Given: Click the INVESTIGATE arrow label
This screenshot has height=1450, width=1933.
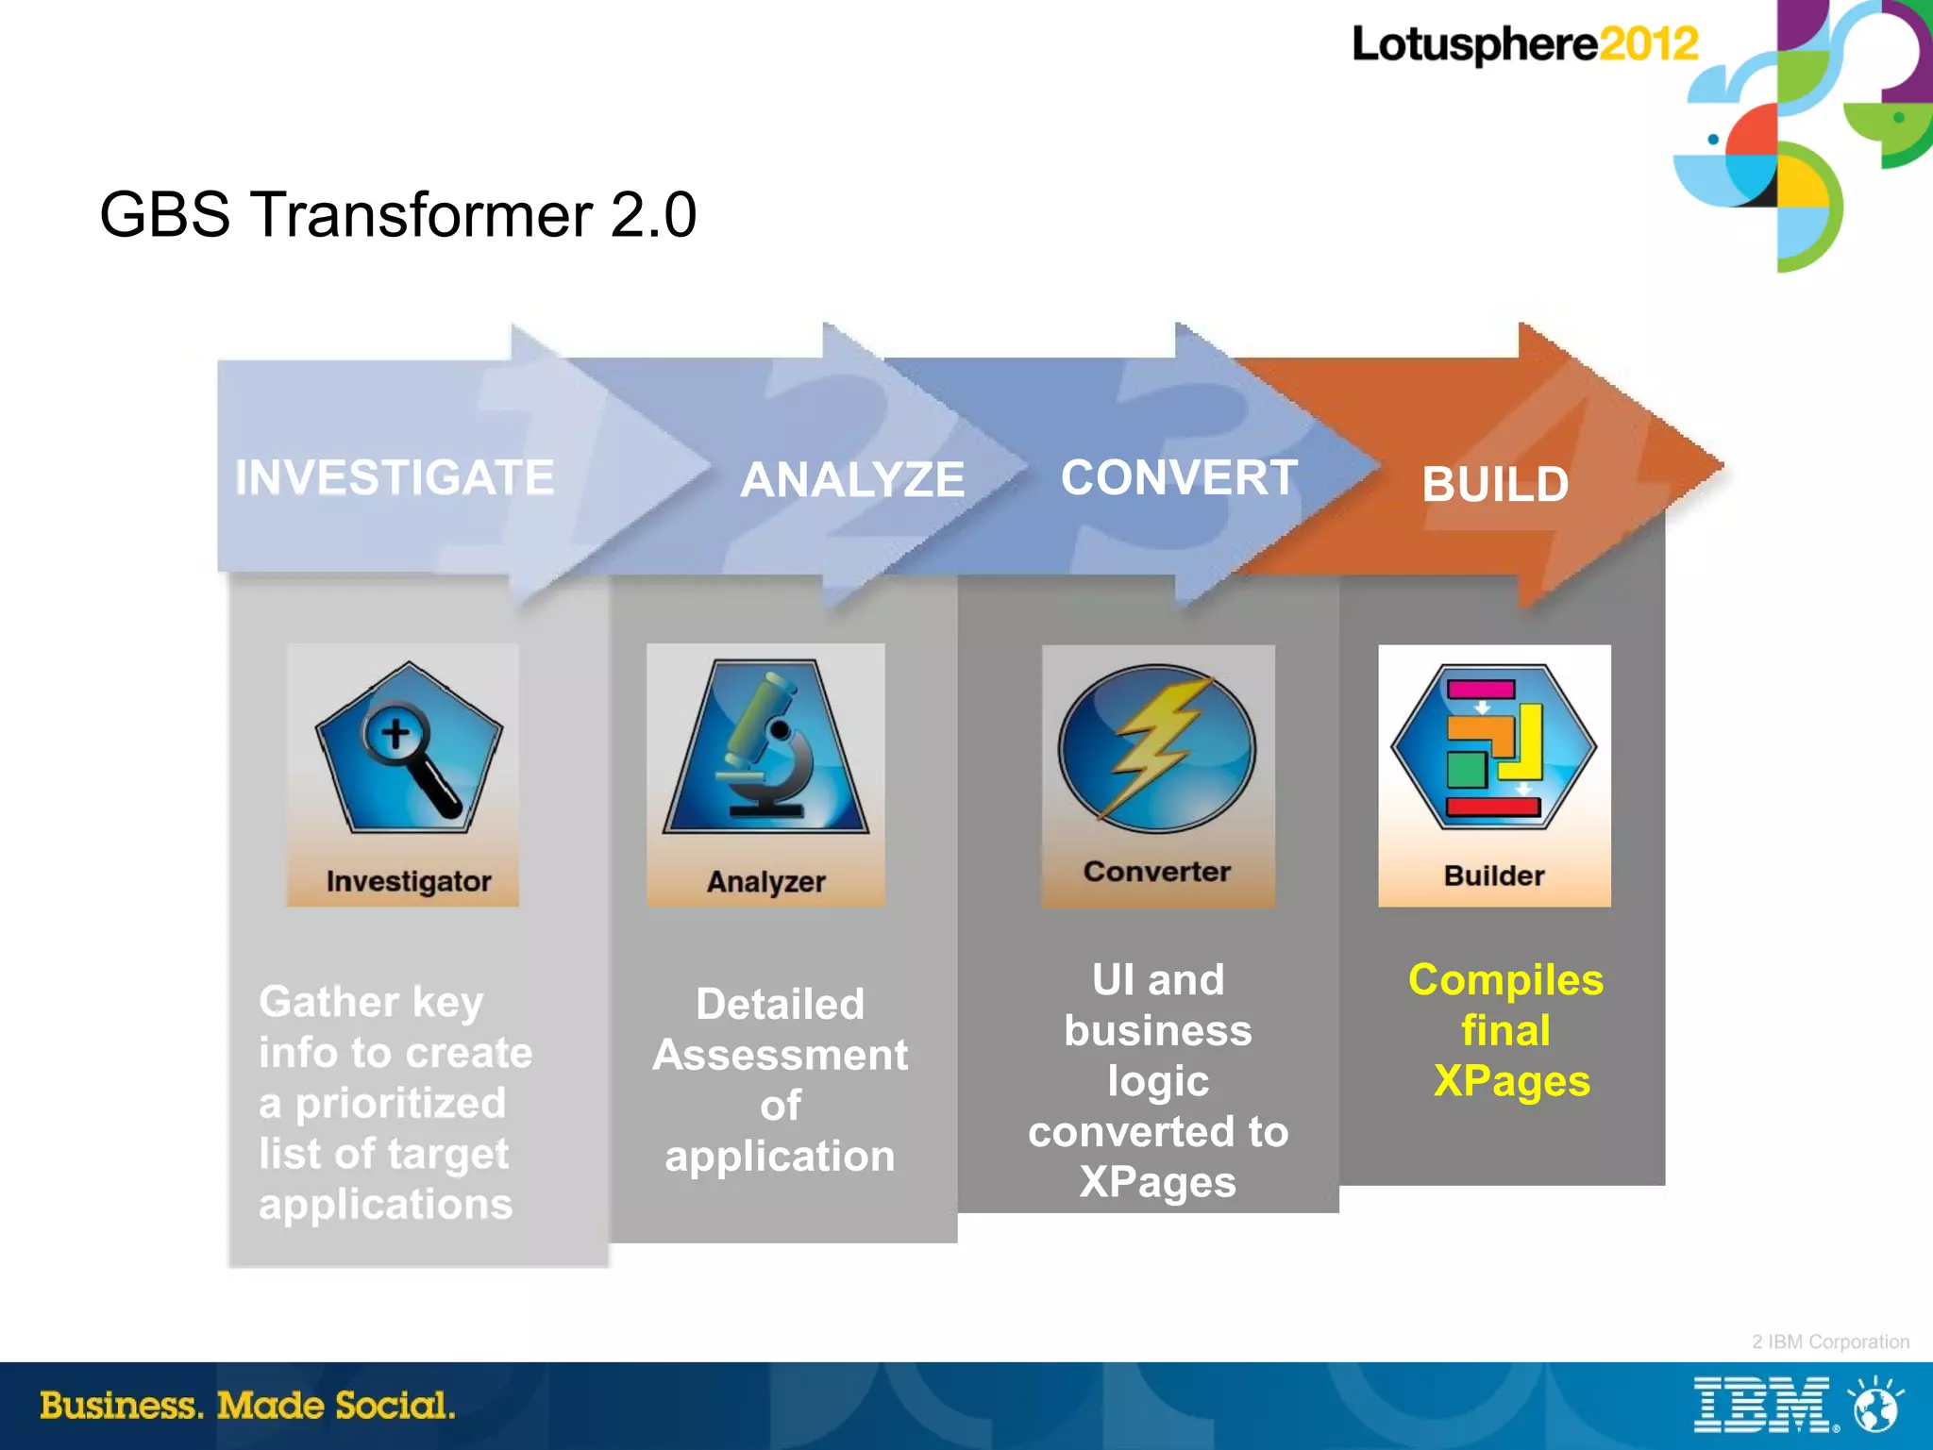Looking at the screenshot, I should (395, 477).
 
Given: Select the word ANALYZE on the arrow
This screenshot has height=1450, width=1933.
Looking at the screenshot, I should (852, 479).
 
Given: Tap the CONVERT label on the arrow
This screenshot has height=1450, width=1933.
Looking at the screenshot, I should (1179, 477).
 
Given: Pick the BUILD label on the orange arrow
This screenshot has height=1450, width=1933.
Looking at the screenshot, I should (1495, 485).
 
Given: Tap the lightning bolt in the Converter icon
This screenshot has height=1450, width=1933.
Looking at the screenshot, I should (1153, 745).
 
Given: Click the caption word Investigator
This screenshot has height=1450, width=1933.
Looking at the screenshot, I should (409, 881).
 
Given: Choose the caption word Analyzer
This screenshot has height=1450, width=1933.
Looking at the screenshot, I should (765, 882).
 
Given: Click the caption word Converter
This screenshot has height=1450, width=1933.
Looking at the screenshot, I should (1157, 872).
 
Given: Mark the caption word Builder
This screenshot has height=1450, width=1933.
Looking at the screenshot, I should (1494, 875).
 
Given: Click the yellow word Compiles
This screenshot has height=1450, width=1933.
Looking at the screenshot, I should (1505, 980).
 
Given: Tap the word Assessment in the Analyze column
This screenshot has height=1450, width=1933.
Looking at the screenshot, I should (780, 1055).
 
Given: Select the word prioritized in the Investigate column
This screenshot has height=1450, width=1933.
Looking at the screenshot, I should (400, 1103).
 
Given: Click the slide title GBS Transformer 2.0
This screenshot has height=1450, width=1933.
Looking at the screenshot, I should (397, 214).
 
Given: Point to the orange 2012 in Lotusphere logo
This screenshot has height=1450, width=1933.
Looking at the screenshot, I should (1648, 44).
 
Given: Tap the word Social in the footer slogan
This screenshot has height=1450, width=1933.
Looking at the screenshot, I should (395, 1405).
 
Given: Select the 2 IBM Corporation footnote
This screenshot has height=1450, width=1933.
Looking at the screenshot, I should (1830, 1342).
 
